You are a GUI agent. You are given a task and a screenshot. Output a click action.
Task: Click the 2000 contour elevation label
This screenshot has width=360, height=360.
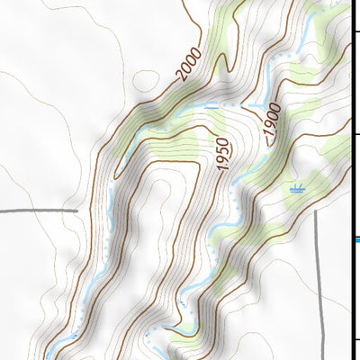(190, 66)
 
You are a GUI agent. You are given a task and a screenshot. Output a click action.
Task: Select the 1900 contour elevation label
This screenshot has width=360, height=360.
(273, 120)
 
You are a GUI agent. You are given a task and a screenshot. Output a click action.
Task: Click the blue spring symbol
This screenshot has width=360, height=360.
(297, 190)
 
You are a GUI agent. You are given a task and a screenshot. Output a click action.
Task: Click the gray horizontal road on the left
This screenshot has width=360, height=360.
(36, 211)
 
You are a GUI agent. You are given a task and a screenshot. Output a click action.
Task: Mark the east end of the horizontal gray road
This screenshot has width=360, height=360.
(77, 211)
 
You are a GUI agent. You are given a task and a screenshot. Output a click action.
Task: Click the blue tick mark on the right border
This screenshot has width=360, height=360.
(356, 238)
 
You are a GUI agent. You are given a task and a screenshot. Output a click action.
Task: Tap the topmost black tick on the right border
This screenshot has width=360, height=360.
(356, 33)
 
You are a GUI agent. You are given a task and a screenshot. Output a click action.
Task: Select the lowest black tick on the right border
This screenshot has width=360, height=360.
(356, 339)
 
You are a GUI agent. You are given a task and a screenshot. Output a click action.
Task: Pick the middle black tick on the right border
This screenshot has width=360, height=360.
(356, 135)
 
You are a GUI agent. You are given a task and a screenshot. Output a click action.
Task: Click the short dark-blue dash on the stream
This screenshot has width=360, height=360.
(211, 106)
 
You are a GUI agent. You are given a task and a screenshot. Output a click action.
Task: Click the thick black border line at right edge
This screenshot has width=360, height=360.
(352, 180)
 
